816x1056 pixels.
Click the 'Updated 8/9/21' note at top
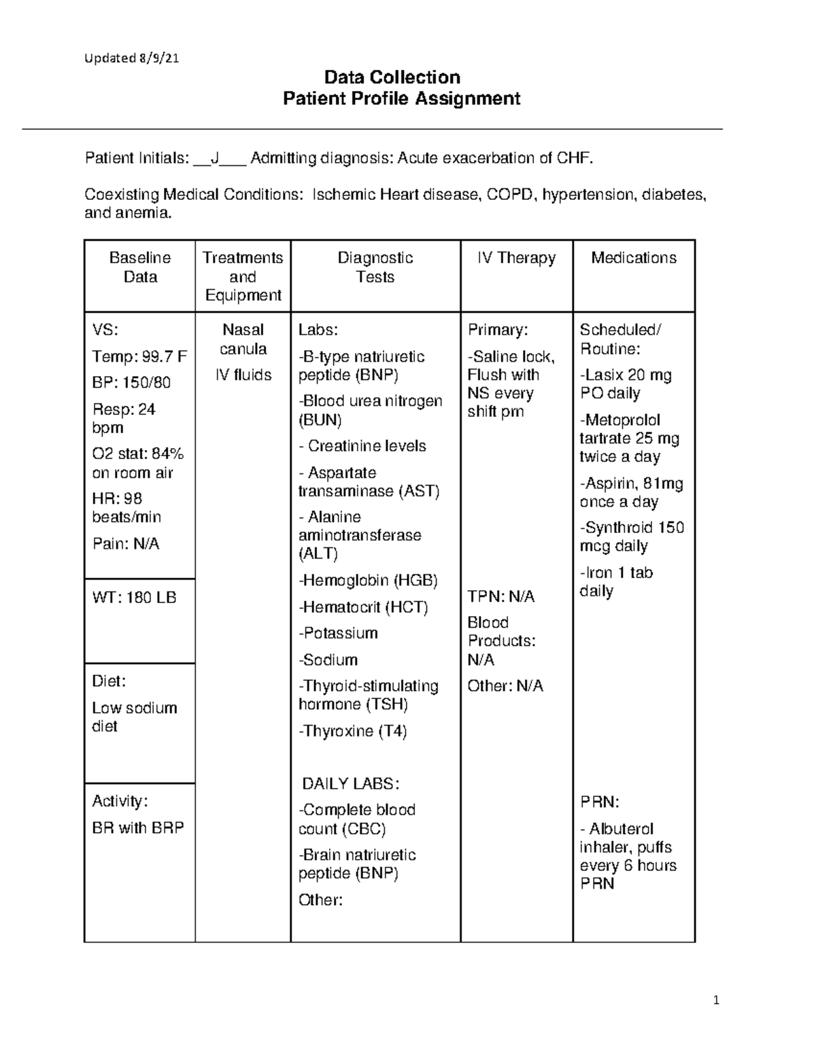[x=131, y=58]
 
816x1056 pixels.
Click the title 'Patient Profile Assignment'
[x=401, y=99]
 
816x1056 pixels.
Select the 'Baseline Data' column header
[x=140, y=267]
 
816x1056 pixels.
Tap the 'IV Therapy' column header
[x=516, y=258]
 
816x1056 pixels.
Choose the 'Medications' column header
[x=633, y=258]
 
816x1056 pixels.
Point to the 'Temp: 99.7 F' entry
[x=139, y=356]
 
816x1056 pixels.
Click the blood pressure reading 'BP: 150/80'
[x=131, y=382]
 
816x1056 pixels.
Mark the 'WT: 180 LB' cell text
[x=134, y=598]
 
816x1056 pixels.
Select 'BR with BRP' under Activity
[x=138, y=828]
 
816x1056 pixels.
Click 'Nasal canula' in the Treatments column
[x=243, y=339]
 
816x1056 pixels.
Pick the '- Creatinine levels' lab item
[x=362, y=446]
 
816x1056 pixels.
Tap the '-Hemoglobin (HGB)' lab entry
[x=368, y=580]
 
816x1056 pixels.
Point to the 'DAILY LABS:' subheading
[x=350, y=783]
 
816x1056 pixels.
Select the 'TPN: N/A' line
[x=500, y=596]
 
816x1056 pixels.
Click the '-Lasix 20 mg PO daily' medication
[x=625, y=384]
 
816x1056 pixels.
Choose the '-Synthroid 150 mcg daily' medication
[x=631, y=536]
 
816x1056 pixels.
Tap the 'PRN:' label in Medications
[x=599, y=802]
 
